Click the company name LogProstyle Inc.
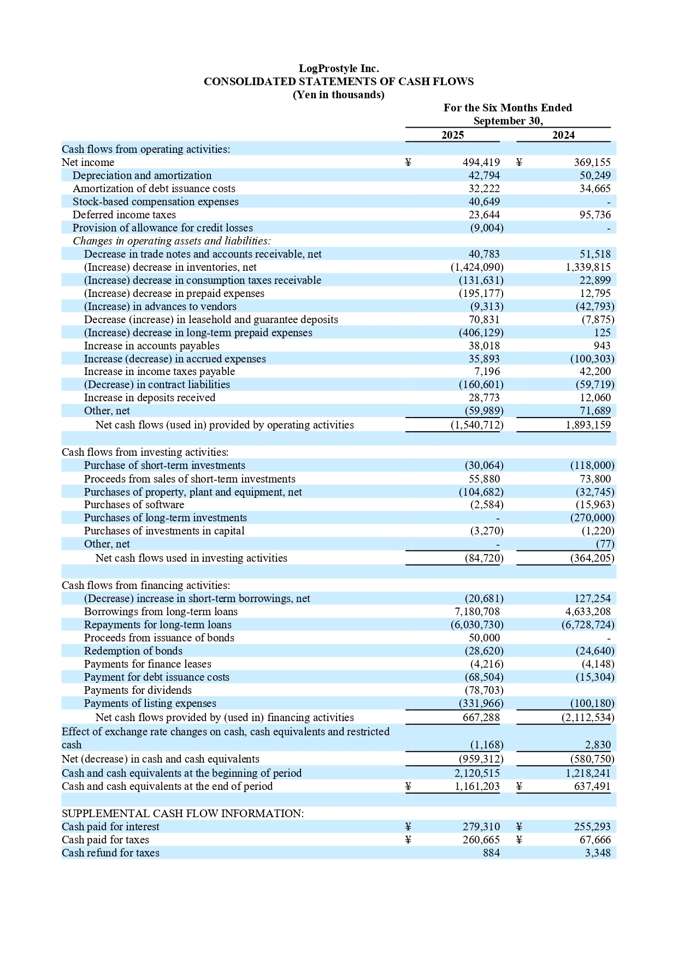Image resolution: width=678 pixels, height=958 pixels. click(x=338, y=68)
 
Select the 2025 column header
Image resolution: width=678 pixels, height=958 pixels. click(x=452, y=135)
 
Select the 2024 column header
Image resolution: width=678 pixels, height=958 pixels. click(x=563, y=135)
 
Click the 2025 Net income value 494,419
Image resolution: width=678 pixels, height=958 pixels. click(x=481, y=162)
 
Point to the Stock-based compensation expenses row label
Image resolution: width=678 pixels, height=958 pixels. click(x=156, y=201)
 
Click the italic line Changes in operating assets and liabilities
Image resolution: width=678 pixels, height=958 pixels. click(x=172, y=241)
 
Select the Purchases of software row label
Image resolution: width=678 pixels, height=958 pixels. click(x=134, y=504)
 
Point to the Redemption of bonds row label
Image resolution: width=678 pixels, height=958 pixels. click(x=133, y=651)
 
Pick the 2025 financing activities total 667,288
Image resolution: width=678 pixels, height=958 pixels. click(x=481, y=717)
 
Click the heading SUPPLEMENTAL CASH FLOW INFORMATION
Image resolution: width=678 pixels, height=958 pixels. click(x=182, y=813)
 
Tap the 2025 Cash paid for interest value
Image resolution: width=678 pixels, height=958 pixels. click(x=481, y=826)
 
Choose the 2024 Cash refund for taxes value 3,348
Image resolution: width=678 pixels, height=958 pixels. click(x=598, y=853)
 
